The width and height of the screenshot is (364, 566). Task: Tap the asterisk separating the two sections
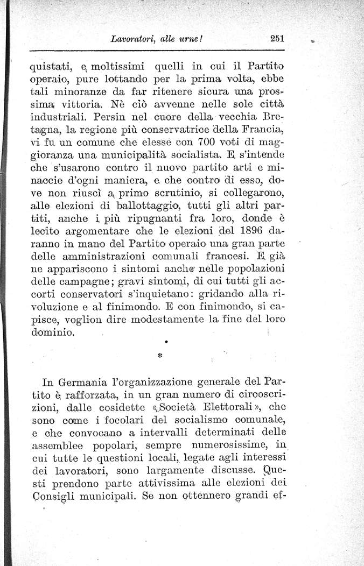(x=159, y=357)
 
